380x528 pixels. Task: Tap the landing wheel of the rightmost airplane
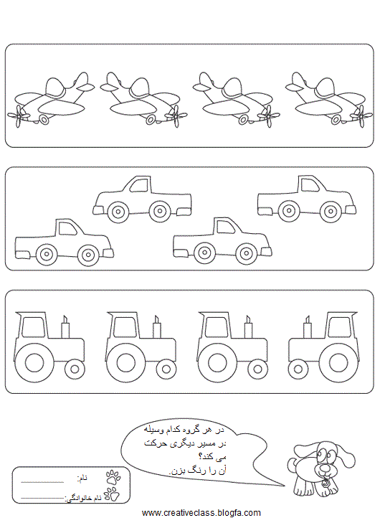pyautogui.click(x=336, y=118)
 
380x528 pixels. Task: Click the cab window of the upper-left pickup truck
pyautogui.click(x=139, y=185)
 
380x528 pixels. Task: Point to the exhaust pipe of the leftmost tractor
pyautogui.click(x=65, y=326)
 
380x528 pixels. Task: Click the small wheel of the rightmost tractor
pyautogui.click(x=298, y=369)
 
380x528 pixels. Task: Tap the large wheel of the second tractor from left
pyautogui.click(x=125, y=363)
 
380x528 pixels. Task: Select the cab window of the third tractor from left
pyautogui.click(x=215, y=327)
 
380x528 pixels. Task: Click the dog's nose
pyautogui.click(x=324, y=468)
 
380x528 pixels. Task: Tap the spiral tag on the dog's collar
pyautogui.click(x=326, y=484)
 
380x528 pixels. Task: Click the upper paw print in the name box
pyautogui.click(x=113, y=478)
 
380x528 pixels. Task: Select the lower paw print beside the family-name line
pyautogui.click(x=112, y=494)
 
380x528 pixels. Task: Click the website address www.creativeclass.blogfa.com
pyautogui.click(x=201, y=513)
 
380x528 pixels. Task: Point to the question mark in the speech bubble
pyautogui.click(x=200, y=456)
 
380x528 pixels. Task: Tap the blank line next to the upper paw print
pyautogui.click(x=42, y=482)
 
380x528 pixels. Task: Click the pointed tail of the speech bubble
pyautogui.click(x=284, y=486)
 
